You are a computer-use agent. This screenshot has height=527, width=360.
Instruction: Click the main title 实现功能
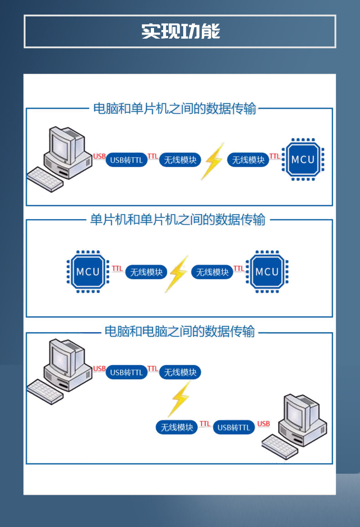(180, 31)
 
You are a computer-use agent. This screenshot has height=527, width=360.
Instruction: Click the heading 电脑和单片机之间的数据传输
(175, 109)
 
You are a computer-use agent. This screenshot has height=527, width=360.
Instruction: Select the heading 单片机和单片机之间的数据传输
(178, 220)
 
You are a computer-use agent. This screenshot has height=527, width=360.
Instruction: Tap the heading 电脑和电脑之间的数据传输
(180, 331)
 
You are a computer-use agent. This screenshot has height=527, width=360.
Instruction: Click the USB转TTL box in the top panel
(127, 160)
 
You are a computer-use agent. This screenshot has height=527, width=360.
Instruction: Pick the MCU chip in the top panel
(303, 159)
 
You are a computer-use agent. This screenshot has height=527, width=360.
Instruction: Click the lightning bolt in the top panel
(213, 161)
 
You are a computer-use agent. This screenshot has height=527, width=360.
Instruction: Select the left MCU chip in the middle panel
(88, 272)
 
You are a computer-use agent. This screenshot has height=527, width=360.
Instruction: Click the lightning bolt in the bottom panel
(180, 399)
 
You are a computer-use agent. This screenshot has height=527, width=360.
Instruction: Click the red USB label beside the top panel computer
(99, 156)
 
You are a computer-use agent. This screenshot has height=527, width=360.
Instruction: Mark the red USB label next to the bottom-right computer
(263, 424)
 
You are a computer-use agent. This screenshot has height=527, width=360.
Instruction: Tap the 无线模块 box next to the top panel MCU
(248, 160)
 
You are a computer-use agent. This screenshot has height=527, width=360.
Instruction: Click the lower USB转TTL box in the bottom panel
(234, 427)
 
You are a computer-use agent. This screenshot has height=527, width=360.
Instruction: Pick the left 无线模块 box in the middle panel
(146, 272)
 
